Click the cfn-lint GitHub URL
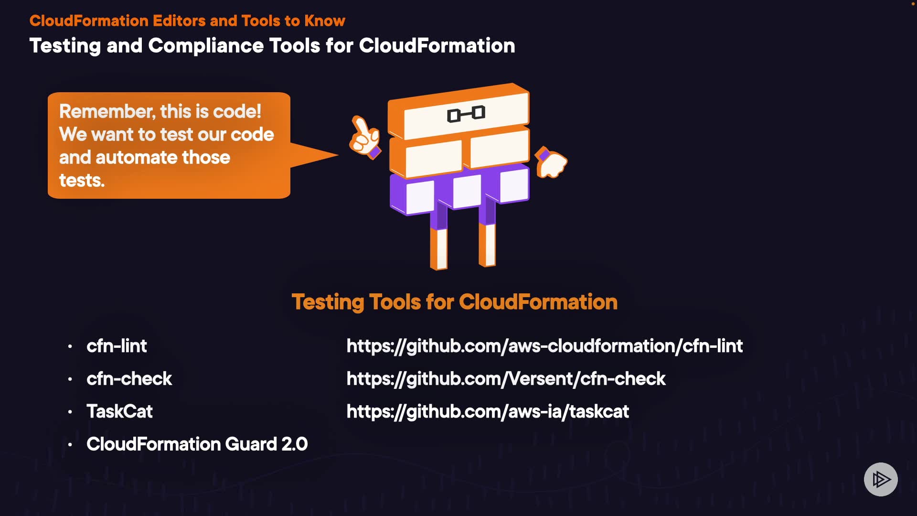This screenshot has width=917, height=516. pyautogui.click(x=544, y=346)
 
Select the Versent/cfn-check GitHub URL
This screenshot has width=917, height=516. pyautogui.click(x=506, y=379)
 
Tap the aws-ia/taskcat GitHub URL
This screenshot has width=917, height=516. pyautogui.click(x=488, y=411)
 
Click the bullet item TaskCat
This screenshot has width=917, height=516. pyautogui.click(x=119, y=411)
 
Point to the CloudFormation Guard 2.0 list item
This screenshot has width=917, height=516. pyautogui.click(x=197, y=444)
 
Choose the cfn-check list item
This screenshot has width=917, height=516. pyautogui.click(x=129, y=379)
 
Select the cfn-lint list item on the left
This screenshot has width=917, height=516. pyautogui.click(x=117, y=346)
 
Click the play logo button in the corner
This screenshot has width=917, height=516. pyautogui.click(x=881, y=479)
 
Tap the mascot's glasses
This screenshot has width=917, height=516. pyautogui.click(x=466, y=114)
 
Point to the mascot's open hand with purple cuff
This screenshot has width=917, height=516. pyautogui.click(x=551, y=162)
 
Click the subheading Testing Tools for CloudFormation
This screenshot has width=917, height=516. pyautogui.click(x=454, y=302)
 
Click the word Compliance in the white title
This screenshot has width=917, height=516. pyautogui.click(x=206, y=46)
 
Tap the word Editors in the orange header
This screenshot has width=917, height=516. pyautogui.click(x=179, y=21)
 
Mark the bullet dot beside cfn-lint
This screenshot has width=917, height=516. pyautogui.click(x=70, y=346)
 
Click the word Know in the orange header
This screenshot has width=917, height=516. pyautogui.click(x=325, y=21)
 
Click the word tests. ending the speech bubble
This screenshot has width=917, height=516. pyautogui.click(x=82, y=181)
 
